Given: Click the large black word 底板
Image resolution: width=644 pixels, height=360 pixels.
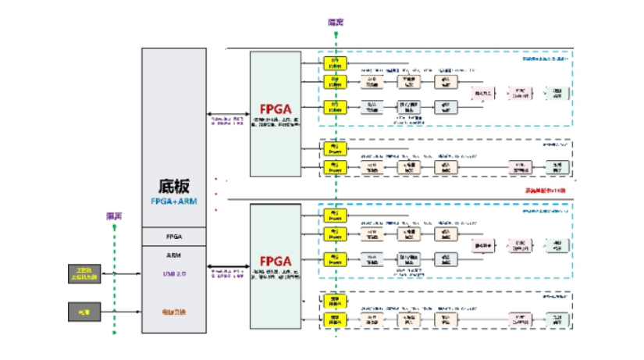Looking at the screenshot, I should [174, 184].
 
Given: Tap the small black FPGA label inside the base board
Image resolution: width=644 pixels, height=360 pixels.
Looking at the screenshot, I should [174, 236].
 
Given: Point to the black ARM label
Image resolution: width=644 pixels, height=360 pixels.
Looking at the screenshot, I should [174, 255].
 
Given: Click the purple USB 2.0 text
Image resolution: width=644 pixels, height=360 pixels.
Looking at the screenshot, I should [174, 273].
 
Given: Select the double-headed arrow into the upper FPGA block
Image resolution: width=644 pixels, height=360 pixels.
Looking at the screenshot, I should [229, 114].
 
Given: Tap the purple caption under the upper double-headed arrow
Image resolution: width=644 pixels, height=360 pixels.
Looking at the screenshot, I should [229, 123].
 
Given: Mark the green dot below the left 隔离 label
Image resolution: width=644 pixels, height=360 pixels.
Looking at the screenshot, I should [114, 227].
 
